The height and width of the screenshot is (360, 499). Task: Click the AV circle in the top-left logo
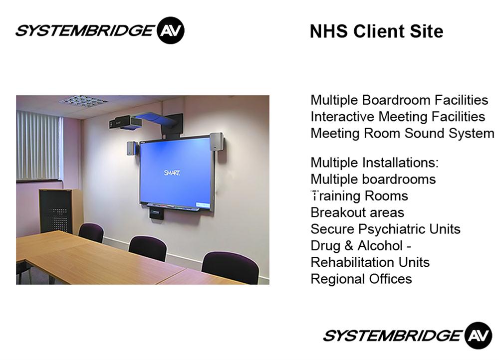click(x=171, y=30)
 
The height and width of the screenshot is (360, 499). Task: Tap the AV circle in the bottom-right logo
click(x=479, y=336)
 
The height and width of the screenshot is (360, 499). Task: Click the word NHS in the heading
click(x=328, y=31)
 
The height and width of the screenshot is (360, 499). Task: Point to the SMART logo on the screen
click(x=172, y=173)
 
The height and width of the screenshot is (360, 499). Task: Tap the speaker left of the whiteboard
click(x=131, y=148)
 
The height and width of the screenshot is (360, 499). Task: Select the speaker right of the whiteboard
click(x=217, y=142)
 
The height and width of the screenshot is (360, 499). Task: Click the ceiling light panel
click(x=83, y=101)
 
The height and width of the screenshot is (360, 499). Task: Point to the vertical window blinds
click(x=38, y=145)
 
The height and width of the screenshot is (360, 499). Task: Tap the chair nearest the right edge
click(x=231, y=267)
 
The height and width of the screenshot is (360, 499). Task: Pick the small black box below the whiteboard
click(x=157, y=213)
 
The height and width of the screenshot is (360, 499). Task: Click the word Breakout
click(x=339, y=212)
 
